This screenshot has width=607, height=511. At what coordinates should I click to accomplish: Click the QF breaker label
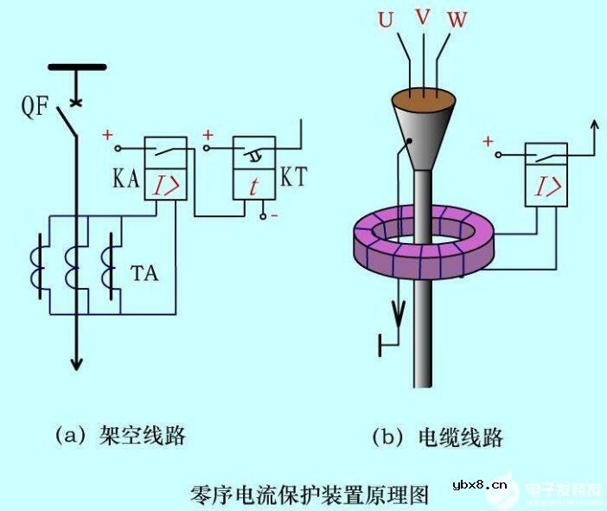pos(36,109)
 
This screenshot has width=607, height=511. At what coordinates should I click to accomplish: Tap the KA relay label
pos(125,180)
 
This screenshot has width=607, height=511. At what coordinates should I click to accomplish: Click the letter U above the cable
pos(386,19)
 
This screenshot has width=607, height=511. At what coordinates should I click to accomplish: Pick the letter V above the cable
pos(420,15)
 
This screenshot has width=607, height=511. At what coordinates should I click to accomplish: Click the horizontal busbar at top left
pos(76,67)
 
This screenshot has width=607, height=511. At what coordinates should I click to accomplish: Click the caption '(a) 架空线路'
pos(120,435)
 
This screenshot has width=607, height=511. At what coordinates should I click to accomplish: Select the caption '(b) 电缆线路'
pos(438,437)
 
